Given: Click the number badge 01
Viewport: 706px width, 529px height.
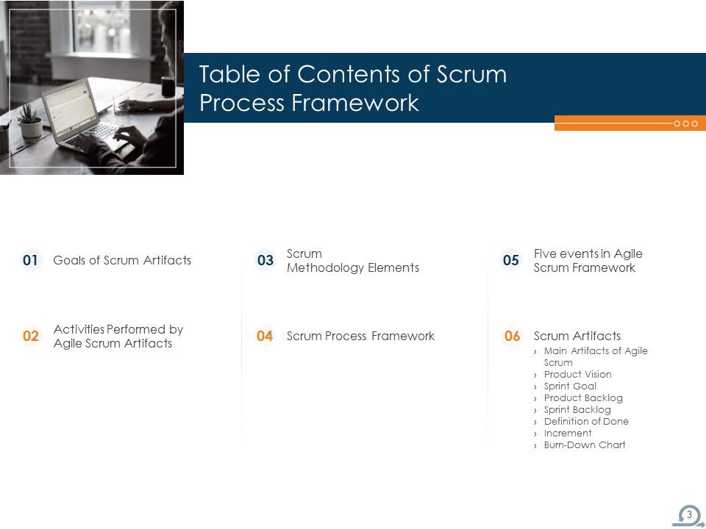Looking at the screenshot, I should [31, 260].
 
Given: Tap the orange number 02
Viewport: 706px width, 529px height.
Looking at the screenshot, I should [31, 337].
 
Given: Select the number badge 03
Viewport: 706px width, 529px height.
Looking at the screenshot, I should [265, 260].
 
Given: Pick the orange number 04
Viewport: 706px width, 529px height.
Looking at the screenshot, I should [265, 337].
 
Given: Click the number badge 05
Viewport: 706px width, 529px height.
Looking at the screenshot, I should [510, 260].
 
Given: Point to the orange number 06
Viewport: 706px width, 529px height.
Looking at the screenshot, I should [512, 337].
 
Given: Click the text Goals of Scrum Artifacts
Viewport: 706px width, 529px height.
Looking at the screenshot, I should [122, 260].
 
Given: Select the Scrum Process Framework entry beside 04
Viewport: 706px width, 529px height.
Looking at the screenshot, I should [360, 337].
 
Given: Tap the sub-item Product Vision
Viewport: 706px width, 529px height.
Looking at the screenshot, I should [577, 375].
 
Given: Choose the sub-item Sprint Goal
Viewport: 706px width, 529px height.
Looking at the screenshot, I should [570, 386].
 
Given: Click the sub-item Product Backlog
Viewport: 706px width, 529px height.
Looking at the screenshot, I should [583, 398].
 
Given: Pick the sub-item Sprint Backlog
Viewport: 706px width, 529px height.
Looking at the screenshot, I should [577, 410].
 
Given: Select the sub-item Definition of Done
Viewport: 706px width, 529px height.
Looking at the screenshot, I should [586, 422].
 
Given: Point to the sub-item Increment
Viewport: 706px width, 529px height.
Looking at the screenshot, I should [568, 433].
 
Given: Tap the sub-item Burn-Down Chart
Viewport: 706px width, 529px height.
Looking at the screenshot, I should [585, 445].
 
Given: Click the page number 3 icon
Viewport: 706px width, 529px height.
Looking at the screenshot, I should [689, 515].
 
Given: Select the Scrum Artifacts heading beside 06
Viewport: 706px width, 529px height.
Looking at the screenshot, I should [577, 337].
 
